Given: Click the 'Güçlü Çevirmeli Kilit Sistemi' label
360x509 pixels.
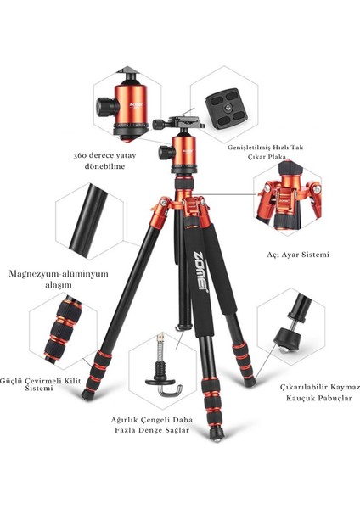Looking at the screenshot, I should pyautogui.click(x=32, y=385).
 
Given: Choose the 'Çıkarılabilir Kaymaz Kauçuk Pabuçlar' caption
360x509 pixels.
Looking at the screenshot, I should pyautogui.click(x=320, y=392).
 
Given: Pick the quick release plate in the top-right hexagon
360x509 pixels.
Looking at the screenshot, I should pyautogui.click(x=231, y=106).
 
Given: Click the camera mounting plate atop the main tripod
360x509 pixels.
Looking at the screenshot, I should pyautogui.click(x=186, y=124).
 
